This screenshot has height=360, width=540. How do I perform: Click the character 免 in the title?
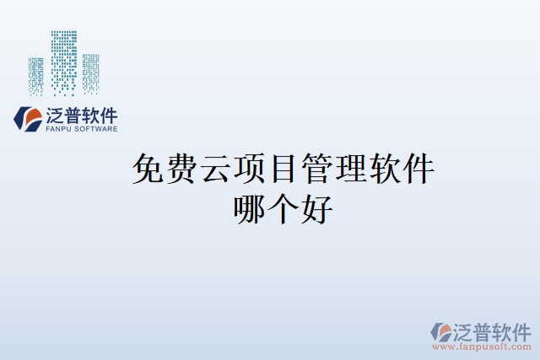click(x=148, y=170)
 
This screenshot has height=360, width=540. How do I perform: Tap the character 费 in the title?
click(x=182, y=170)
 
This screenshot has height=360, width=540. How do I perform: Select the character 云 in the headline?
click(x=216, y=170)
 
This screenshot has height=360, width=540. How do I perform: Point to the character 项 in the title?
click(x=250, y=170)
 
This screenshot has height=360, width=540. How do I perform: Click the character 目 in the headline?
click(x=283, y=170)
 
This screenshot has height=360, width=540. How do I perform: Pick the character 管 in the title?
click(x=317, y=170)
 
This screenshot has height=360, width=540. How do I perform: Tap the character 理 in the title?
click(x=351, y=170)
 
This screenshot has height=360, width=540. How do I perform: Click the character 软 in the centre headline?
click(x=385, y=170)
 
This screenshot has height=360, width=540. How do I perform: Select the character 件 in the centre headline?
click(x=418, y=170)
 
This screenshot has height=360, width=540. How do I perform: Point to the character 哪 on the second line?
click(x=250, y=208)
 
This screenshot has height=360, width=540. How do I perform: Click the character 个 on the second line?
click(x=283, y=208)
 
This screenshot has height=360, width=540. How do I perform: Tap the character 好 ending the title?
click(x=317, y=208)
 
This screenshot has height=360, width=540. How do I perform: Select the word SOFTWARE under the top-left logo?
click(x=94, y=129)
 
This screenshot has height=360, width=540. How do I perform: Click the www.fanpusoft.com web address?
click(x=483, y=347)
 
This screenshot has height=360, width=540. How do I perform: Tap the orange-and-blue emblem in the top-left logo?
click(x=26, y=119)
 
